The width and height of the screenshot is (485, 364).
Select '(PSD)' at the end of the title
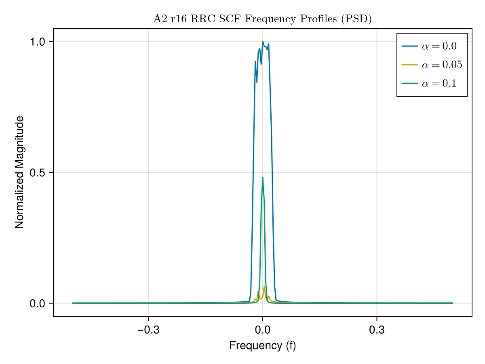pyautogui.click(x=356, y=19)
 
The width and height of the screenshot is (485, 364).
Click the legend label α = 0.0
pyautogui.click(x=439, y=46)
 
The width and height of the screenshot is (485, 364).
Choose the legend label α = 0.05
pyautogui.click(x=442, y=65)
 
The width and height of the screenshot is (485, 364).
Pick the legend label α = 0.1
pyautogui.click(x=439, y=84)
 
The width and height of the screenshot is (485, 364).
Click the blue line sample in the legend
pyautogui.click(x=409, y=46)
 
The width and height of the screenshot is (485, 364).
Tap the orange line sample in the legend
pyautogui.click(x=409, y=65)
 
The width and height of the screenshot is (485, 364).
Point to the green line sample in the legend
pyautogui.click(x=409, y=83)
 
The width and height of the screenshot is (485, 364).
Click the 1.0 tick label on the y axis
pyautogui.click(x=37, y=42)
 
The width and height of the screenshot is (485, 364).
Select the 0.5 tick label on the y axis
pyautogui.click(x=37, y=173)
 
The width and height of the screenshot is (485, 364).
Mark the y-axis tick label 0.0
pyautogui.click(x=37, y=304)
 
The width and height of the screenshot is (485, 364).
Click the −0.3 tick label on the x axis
pyautogui.click(x=148, y=330)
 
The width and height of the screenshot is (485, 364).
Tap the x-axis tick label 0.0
pyautogui.click(x=262, y=330)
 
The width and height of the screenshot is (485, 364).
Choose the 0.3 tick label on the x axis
pyautogui.click(x=377, y=330)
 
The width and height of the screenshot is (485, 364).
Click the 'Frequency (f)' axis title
pyautogui.click(x=262, y=346)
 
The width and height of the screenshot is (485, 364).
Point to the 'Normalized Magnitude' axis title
pyautogui.click(x=19, y=172)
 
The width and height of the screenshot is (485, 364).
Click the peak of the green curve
pyautogui.click(x=262, y=178)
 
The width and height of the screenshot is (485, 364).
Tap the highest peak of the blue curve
pyautogui.click(x=262, y=42)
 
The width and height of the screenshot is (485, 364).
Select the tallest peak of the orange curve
pyautogui.click(x=264, y=287)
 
